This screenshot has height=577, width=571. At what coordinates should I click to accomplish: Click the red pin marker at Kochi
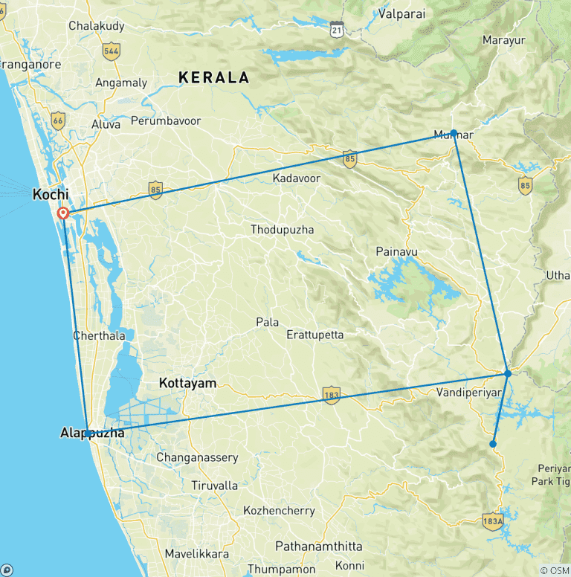point(64,213)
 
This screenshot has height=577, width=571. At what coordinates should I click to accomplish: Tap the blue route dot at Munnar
point(454,132)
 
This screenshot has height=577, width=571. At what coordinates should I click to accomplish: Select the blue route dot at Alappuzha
point(88,433)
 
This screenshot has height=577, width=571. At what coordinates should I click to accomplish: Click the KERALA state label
point(213,77)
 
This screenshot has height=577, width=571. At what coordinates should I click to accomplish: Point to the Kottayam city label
point(188,384)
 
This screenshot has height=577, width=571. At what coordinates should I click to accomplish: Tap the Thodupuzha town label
point(282,230)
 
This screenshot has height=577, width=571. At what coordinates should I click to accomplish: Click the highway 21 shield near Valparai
point(338,29)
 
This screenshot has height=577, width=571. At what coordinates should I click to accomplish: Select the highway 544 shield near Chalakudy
point(112,51)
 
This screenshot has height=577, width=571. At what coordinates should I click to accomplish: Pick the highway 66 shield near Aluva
point(59,120)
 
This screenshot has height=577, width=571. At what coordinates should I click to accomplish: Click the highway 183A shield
point(491,520)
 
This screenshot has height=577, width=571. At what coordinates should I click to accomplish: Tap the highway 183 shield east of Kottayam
point(331,395)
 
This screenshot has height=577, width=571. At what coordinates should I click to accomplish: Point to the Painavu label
point(397,251)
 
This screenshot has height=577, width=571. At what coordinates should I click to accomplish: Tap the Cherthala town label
point(99,335)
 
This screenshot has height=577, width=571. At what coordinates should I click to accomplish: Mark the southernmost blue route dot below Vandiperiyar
point(493,444)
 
